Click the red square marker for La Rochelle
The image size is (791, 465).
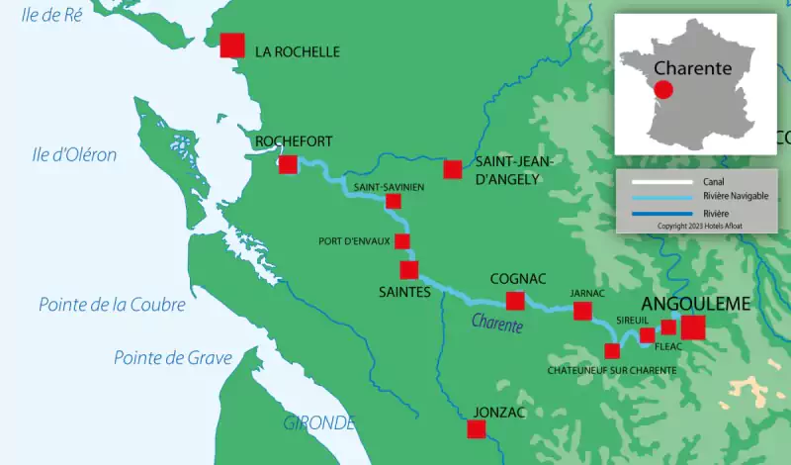[x=232, y=46]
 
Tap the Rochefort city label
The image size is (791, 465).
[x=280, y=141]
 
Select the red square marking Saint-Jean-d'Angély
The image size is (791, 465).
[x=453, y=169]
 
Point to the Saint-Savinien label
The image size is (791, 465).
[x=390, y=186]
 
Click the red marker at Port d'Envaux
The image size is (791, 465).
[x=402, y=241]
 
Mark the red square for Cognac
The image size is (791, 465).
[x=515, y=301]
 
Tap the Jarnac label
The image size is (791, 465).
[x=587, y=293]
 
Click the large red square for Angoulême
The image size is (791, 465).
[x=693, y=327]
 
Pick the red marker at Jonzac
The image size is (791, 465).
[x=477, y=429]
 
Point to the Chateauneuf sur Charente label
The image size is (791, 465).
[x=612, y=370]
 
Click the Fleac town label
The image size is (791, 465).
[x=669, y=347]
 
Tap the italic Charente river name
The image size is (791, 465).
[x=496, y=323]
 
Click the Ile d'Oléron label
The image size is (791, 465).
[x=74, y=154]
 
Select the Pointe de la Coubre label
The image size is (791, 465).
[x=112, y=305]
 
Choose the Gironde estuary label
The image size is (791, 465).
[x=319, y=422]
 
